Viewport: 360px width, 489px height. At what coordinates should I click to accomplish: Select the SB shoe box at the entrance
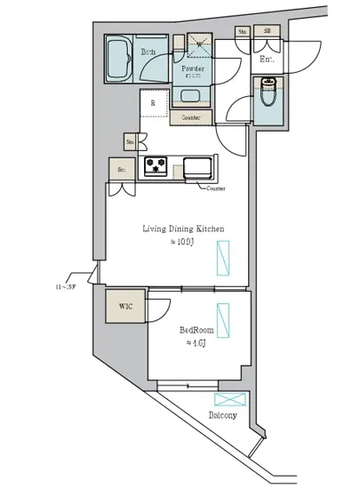pyautogui.click(x=266, y=32)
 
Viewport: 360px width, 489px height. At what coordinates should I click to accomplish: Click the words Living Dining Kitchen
pyautogui.click(x=183, y=229)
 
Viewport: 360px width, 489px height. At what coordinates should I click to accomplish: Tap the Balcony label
pyautogui.click(x=222, y=415)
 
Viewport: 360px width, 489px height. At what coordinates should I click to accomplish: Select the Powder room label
pyautogui.click(x=194, y=68)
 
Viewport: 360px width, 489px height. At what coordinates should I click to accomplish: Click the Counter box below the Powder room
pyautogui.click(x=191, y=117)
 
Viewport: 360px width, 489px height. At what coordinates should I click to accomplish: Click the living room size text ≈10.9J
pyautogui.click(x=183, y=243)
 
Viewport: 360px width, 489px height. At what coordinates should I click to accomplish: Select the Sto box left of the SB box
pyautogui.click(x=242, y=32)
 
